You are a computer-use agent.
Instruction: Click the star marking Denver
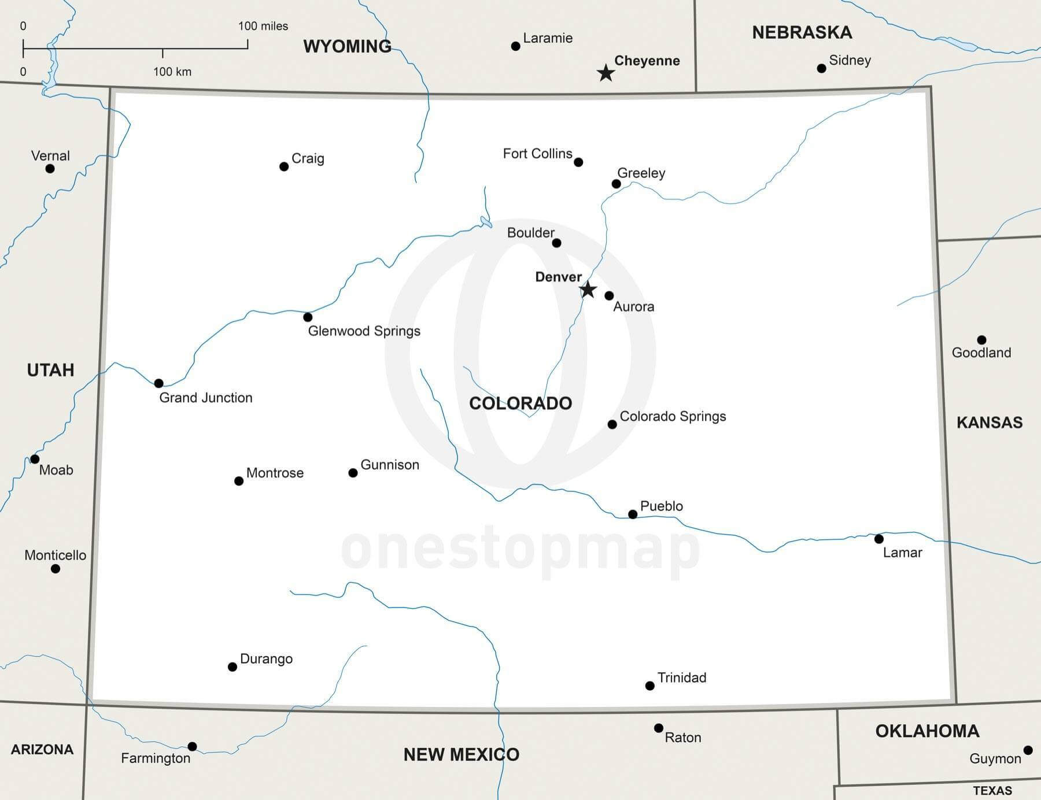[588, 290]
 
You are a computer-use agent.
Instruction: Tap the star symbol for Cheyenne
[606, 73]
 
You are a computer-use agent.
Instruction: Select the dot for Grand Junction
[159, 383]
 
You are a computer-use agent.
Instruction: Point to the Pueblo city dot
[633, 514]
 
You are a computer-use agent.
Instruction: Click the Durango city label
[266, 659]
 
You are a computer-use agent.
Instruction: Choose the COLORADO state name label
[520, 403]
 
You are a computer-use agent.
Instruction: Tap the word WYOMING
[347, 46]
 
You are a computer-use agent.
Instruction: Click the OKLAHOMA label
[927, 731]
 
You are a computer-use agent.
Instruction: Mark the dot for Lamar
[879, 539]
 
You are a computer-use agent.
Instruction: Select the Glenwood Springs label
[364, 331]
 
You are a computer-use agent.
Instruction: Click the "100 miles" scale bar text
[263, 26]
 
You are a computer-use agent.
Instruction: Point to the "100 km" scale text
[172, 72]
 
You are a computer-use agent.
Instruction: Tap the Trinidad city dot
[650, 686]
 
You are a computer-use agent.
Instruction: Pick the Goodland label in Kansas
[981, 353]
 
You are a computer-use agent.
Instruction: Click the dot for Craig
[284, 166]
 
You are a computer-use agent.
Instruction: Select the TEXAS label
[992, 791]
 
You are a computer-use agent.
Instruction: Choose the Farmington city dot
[193, 747]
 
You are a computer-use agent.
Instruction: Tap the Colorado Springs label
[673, 417]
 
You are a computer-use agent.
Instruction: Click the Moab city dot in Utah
[35, 459]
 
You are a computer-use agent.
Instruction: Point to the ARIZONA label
[42, 750]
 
